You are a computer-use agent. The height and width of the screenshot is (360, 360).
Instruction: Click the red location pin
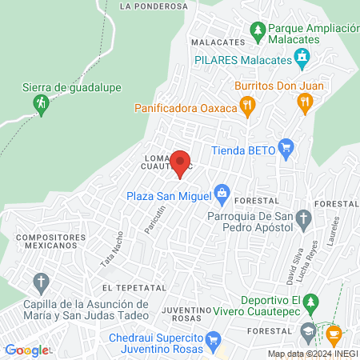180,163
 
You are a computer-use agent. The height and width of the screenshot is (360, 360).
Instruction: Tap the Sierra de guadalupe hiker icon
40,102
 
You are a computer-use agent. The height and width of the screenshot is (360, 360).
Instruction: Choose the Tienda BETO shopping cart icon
286,147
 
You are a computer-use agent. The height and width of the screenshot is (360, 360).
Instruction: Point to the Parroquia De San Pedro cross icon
303,218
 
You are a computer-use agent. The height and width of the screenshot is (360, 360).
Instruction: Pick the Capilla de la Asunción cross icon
40,282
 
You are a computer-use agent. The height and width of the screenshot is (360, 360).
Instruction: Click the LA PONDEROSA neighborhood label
153,6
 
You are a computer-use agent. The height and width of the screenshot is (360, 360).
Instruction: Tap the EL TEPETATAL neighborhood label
134,286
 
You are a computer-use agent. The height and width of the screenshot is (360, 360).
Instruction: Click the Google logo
26,350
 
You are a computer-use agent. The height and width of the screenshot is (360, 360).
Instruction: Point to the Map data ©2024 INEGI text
312,354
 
